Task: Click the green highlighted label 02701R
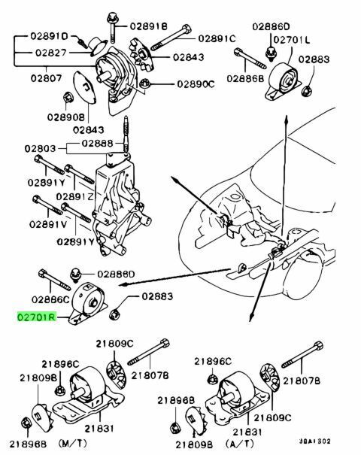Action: pos(36,317)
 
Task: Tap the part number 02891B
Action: pos(149,26)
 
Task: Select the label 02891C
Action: pos(217,38)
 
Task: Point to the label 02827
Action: pos(51,53)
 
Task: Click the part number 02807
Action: pos(46,78)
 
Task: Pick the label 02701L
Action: pos(291,39)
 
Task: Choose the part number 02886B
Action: pos(245,78)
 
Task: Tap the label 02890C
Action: pos(196,84)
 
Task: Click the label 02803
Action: pos(40,149)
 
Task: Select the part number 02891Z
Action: pos(75,197)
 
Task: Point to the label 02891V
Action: pos(48,224)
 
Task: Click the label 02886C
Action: pos(50,299)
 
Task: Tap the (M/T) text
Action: pos(72,443)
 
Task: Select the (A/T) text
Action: pos(239,443)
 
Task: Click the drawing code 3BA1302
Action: pos(315,441)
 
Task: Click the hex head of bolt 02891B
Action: pos(111,18)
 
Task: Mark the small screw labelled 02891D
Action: pos(83,43)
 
